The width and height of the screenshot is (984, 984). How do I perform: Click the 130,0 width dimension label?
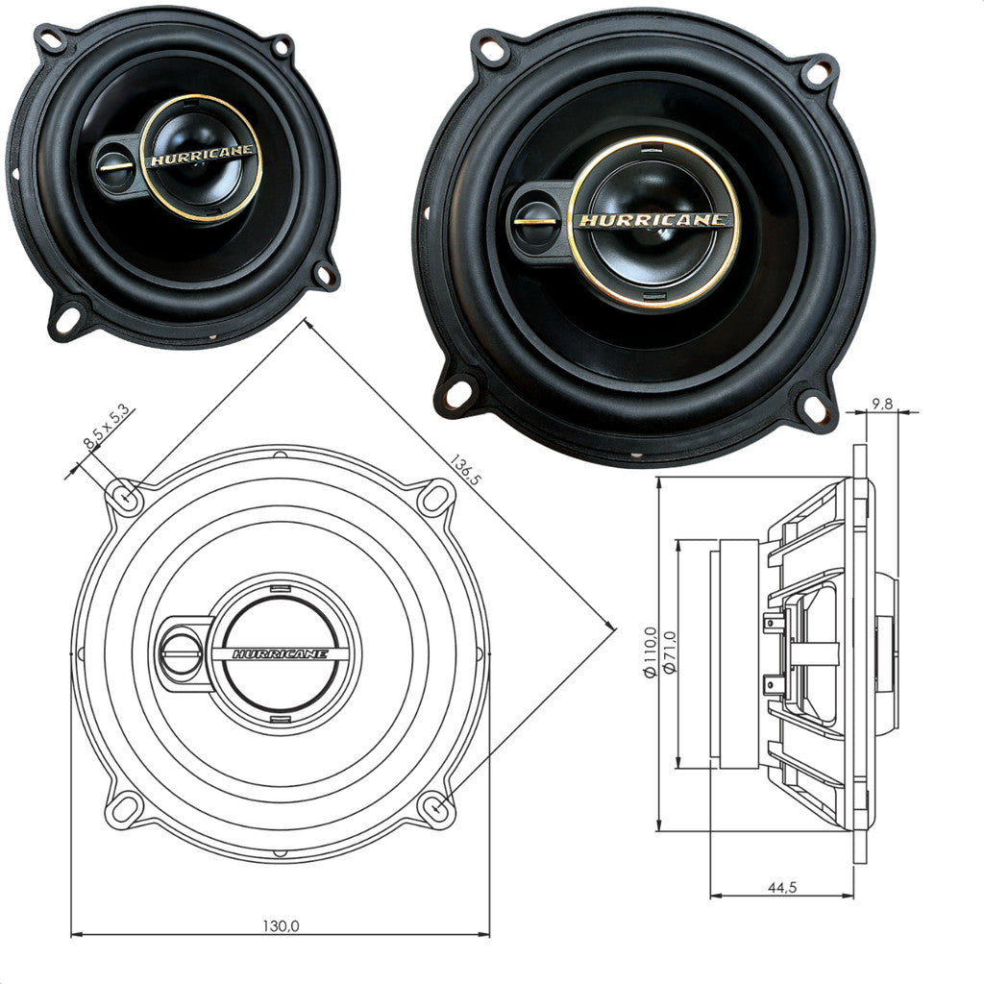[281, 925]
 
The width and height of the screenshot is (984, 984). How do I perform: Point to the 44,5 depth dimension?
[781, 887]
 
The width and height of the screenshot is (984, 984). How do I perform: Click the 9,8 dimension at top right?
[881, 405]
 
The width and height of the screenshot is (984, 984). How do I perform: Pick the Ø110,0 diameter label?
[651, 652]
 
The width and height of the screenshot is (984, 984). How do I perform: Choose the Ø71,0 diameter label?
[670, 652]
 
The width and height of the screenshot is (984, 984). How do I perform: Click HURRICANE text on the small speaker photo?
[202, 158]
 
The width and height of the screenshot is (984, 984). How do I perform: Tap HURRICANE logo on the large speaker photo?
[653, 220]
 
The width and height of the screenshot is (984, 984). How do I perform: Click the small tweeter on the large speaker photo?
[533, 219]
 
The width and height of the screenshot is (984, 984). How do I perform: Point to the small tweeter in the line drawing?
[182, 653]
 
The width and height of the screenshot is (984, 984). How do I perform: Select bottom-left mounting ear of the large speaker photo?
[457, 391]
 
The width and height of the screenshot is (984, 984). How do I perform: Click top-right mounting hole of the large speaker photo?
[818, 70]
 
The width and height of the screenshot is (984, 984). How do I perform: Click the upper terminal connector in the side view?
[771, 624]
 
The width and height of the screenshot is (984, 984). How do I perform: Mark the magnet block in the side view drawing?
[740, 653]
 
